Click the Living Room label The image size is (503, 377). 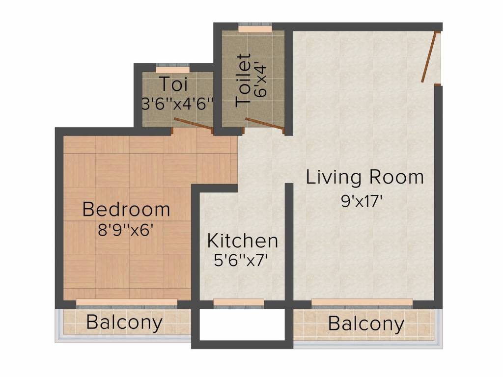tap(364, 177)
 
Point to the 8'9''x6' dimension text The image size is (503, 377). tap(127, 230)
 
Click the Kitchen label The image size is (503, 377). tap(243, 241)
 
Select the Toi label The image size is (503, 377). tap(173, 84)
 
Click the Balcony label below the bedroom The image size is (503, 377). tap(124, 323)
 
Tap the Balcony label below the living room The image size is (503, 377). tap(366, 324)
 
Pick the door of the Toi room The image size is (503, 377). tap(194, 125)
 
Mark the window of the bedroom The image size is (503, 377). tap(126, 302)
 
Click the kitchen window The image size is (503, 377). tap(239, 302)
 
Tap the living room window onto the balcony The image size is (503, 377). tap(362, 302)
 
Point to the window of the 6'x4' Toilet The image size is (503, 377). tap(255, 29)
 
